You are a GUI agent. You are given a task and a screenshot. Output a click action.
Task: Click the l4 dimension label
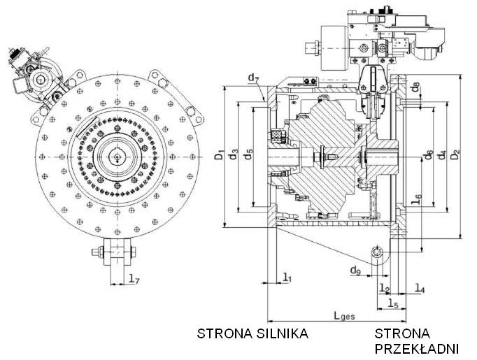(x=419, y=287)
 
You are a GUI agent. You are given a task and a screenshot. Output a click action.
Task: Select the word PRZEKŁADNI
(x=416, y=348)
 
